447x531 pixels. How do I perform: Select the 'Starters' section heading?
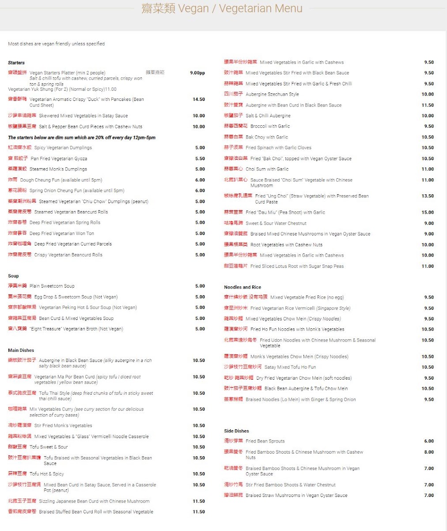click(x=16, y=63)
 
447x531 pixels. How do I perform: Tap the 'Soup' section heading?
click(x=13, y=276)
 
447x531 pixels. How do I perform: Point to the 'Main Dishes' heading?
click(x=21, y=350)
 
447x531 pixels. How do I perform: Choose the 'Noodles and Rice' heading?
click(x=242, y=287)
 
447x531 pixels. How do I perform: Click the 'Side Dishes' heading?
click(x=236, y=431)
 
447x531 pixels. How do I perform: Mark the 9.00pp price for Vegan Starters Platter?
click(x=197, y=73)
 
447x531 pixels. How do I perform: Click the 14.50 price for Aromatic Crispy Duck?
click(x=199, y=100)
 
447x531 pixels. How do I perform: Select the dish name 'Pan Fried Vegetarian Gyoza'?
click(x=59, y=158)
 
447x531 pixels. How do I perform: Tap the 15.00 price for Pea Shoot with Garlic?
click(x=428, y=212)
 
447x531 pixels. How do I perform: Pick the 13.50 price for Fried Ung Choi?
click(x=428, y=196)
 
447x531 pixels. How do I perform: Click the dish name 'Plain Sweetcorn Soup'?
click(x=52, y=286)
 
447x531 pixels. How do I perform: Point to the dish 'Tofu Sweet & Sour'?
click(x=49, y=447)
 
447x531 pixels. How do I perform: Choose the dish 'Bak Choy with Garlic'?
click(x=267, y=137)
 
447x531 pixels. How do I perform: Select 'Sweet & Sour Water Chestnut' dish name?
click(x=276, y=223)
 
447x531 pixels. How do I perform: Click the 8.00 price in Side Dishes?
click(x=429, y=452)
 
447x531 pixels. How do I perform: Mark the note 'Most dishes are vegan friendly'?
click(x=56, y=44)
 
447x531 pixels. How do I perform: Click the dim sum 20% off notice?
click(x=82, y=138)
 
